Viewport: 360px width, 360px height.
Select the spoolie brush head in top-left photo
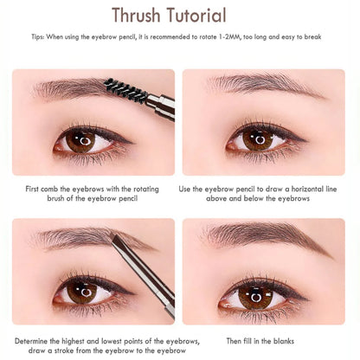118,89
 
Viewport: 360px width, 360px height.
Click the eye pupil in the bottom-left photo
83,290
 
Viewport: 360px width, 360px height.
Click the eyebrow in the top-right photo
260,85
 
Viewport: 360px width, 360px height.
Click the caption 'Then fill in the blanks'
263,340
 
